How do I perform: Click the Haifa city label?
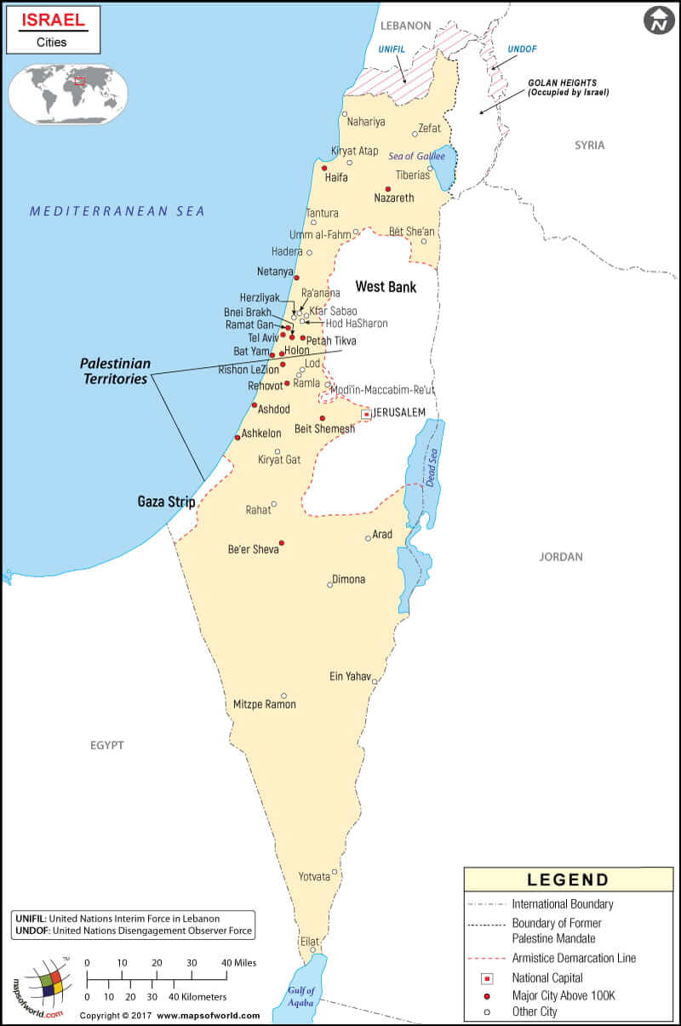coord(337,179)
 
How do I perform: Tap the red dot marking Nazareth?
coord(388,189)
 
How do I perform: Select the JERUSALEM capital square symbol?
coord(366,414)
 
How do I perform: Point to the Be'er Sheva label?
coord(254,549)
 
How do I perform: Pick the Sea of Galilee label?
coord(416,157)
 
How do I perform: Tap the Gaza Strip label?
coord(167,502)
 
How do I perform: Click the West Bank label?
coord(386,287)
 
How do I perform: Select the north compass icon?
coord(658,20)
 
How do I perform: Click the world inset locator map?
coord(68,95)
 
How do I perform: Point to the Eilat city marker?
coord(313,950)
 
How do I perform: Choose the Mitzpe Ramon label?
coord(265,704)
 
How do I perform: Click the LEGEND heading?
coord(568,880)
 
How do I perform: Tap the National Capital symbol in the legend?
coord(488,978)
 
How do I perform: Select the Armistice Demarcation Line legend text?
coord(574,958)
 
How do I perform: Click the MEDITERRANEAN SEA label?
coord(117,211)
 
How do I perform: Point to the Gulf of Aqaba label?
coord(301,995)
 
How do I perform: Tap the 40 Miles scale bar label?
coord(238,962)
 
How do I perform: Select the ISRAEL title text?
coord(53,19)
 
